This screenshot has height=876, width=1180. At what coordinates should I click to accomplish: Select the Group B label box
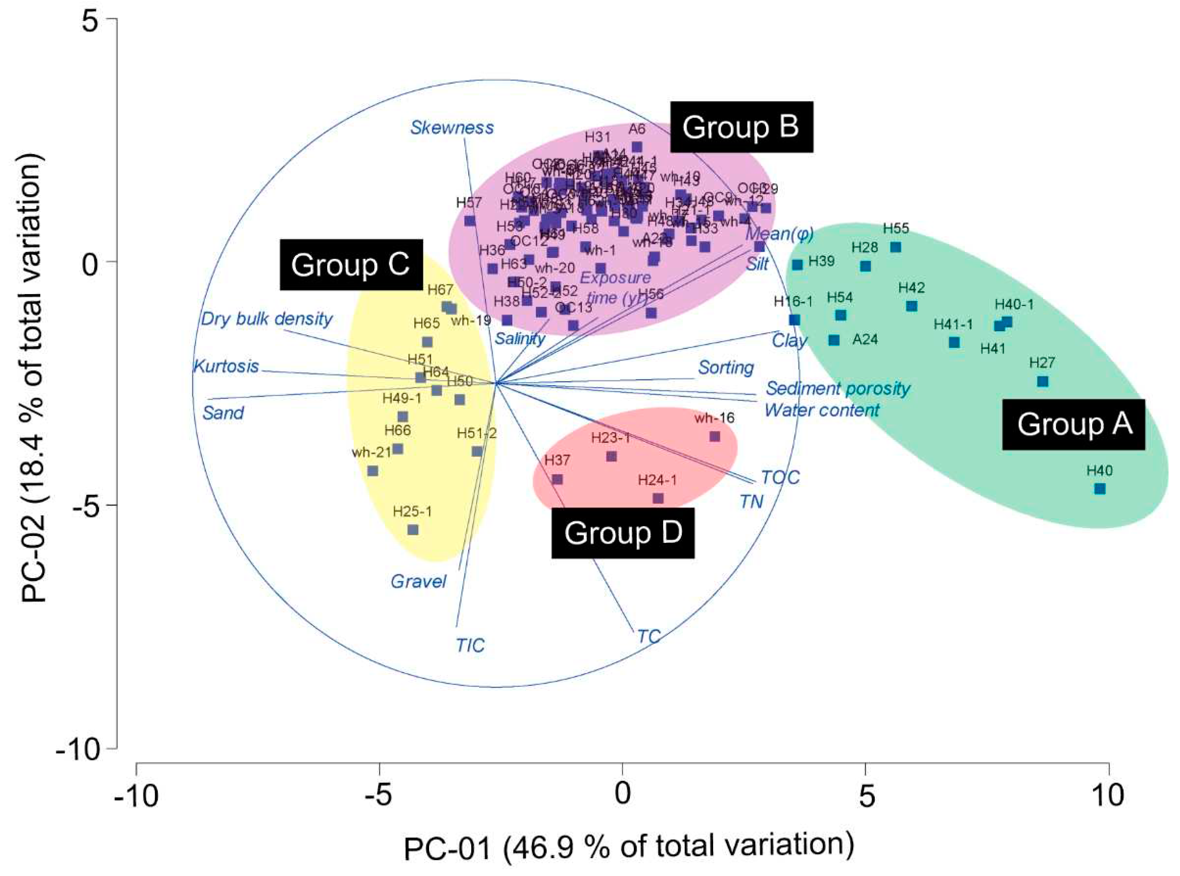click(741, 127)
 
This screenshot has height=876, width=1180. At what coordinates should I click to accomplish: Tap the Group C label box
click(350, 265)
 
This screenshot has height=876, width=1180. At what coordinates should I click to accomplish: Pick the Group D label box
click(623, 533)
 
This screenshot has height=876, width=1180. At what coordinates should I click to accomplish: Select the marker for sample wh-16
click(715, 437)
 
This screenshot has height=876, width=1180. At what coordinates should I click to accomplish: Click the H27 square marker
click(1042, 382)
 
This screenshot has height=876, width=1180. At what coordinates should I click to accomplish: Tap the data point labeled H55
click(896, 247)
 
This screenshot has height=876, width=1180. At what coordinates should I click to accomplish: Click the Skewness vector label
click(452, 128)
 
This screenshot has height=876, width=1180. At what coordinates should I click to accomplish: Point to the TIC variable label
click(470, 646)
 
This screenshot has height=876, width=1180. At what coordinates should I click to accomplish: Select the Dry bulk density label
click(267, 319)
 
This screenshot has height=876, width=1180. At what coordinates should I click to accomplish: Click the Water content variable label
click(822, 410)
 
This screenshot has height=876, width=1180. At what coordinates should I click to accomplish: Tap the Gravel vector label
click(418, 582)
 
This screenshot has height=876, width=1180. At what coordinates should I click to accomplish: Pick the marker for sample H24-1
click(658, 498)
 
